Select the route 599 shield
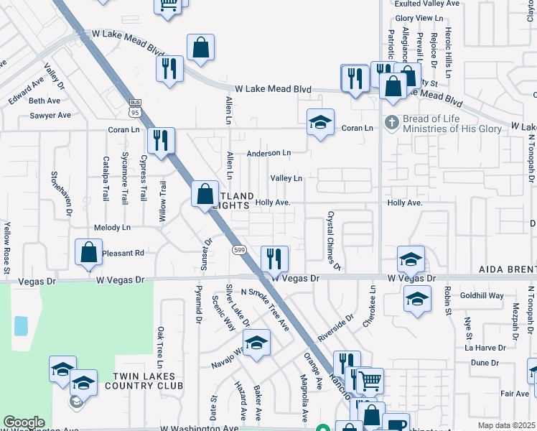239,249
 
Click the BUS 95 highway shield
134,108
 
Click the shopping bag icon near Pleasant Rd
88,252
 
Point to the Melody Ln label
112,228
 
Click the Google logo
24,422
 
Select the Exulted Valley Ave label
427,4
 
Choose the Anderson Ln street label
268,153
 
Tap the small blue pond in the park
21,325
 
